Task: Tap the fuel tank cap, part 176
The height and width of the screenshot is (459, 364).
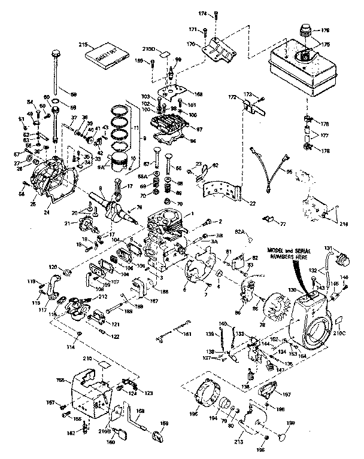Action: pos(308,29)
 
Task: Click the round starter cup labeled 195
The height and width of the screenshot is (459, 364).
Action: pos(203,398)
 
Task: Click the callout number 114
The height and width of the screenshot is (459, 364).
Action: pos(73,347)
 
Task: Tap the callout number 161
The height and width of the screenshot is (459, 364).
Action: pos(187,333)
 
